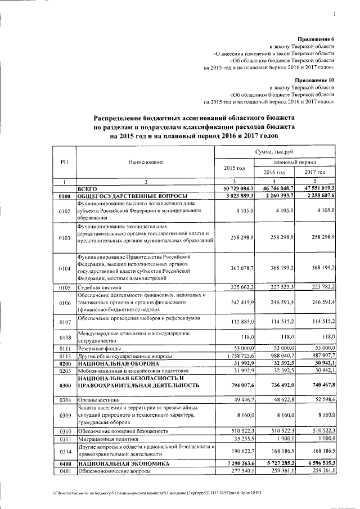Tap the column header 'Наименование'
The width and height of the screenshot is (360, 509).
coord(146,162)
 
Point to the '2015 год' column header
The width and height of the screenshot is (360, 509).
coord(235,168)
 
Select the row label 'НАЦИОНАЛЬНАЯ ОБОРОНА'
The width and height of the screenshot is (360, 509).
coord(113,363)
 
